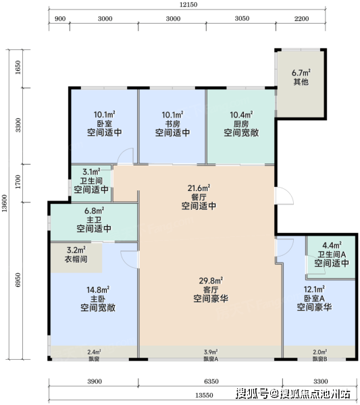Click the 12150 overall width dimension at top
coord(188,5)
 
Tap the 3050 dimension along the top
coord(242,19)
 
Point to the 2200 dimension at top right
coord(301,19)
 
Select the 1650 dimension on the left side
coord(18,67)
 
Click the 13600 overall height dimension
coord(5,203)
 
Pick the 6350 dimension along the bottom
coord(211,381)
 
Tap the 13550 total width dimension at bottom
coord(204,395)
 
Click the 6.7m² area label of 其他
coord(301,73)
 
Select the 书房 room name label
coord(173,124)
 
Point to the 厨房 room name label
coord(241,124)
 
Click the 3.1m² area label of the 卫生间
coord(91,171)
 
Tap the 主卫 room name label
coord(94,220)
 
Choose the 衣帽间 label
coord(76,259)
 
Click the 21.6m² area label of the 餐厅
coord(199,188)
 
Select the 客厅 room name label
coord(211,290)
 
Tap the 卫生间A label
coord(332,254)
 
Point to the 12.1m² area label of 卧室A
coord(314,289)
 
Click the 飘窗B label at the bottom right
coord(320,359)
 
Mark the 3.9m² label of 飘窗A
coord(211,352)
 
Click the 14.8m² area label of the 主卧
coord(98,290)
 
